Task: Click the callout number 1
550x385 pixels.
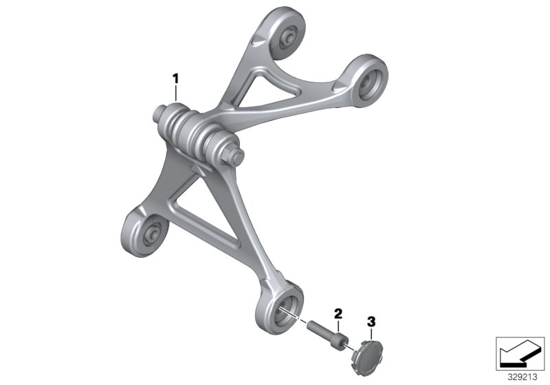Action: pyautogui.click(x=175, y=79)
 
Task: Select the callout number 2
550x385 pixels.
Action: pyautogui.click(x=338, y=313)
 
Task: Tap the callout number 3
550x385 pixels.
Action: pyautogui.click(x=371, y=320)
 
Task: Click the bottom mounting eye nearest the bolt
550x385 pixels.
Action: pyautogui.click(x=283, y=305)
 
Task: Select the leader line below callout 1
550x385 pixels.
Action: pyautogui.click(x=176, y=93)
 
